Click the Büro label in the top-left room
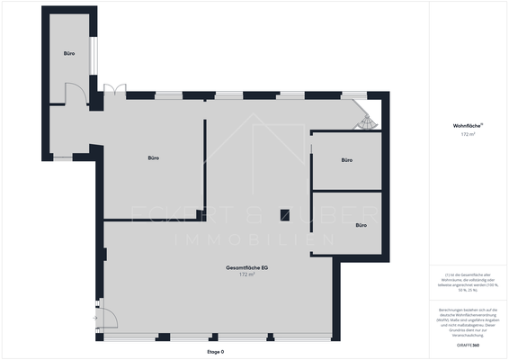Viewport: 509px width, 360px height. click(x=69, y=54)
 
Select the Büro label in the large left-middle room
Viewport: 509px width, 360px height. click(x=154, y=158)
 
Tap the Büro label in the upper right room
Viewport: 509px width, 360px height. click(x=347, y=160)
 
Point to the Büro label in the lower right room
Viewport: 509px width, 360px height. click(x=362, y=225)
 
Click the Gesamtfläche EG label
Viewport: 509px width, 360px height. click(x=247, y=268)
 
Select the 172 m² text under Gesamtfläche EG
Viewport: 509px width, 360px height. click(x=247, y=274)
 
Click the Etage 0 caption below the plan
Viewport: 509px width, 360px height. click(x=215, y=352)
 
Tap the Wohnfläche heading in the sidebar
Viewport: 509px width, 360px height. click(x=467, y=126)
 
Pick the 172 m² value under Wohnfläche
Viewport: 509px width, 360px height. click(x=467, y=134)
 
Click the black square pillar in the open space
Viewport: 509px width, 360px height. click(x=284, y=214)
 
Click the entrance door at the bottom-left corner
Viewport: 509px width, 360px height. click(x=105, y=317)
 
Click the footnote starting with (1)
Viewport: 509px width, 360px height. click(x=467, y=282)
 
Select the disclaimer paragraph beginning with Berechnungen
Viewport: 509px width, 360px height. click(x=467, y=319)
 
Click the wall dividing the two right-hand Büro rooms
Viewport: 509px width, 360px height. click(x=347, y=191)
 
